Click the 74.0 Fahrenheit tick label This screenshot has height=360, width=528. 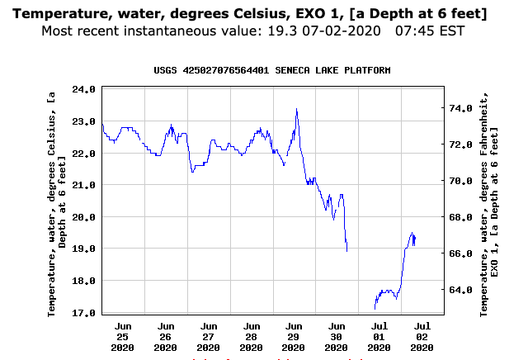click(x=459, y=108)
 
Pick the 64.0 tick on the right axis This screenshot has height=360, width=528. click(x=459, y=290)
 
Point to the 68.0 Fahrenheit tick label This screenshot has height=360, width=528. click(x=459, y=217)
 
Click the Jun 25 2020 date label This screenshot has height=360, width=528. click(x=123, y=337)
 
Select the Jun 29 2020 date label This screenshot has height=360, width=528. click(x=294, y=337)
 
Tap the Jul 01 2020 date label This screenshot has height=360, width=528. click(x=379, y=337)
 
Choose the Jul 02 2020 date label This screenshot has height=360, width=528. click(x=422, y=337)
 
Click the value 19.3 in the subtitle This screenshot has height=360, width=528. click(x=314, y=31)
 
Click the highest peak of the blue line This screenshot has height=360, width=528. click(x=296, y=109)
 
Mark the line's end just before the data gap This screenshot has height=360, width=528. click(x=346, y=250)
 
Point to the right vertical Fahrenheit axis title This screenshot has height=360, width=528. click(x=492, y=201)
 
